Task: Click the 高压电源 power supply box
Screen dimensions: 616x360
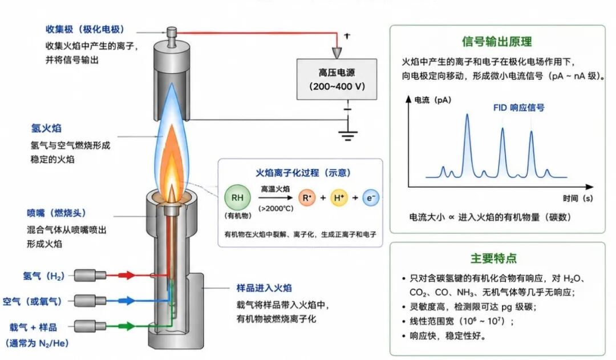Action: pyautogui.click(x=337, y=79)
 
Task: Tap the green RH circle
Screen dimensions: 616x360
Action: pyautogui.click(x=237, y=197)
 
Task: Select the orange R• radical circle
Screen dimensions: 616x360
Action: pyautogui.click(x=307, y=197)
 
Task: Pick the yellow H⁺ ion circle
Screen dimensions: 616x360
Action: pyautogui.click(x=339, y=197)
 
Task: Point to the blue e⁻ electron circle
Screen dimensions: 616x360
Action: pyautogui.click(x=371, y=197)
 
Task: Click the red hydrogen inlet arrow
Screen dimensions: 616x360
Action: pyautogui.click(x=126, y=275)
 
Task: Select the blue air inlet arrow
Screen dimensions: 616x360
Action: pyautogui.click(x=126, y=301)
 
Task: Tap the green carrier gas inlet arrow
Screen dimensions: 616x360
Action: pyautogui.click(x=126, y=326)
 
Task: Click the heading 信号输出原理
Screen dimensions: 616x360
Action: pyautogui.click(x=497, y=42)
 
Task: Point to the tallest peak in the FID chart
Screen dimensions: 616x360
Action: pyautogui.click(x=467, y=115)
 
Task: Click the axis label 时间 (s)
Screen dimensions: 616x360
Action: pyautogui.click(x=577, y=198)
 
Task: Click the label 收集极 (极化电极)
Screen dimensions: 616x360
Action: pyautogui.click(x=84, y=29)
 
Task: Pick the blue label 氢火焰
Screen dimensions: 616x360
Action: pyautogui.click(x=46, y=128)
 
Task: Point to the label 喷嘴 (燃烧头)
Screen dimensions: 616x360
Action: pyautogui.click(x=56, y=213)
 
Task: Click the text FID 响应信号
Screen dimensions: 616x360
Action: pyautogui.click(x=518, y=108)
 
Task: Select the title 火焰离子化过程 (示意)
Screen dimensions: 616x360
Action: pyautogui.click(x=303, y=172)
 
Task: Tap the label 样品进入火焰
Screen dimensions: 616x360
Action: pyautogui.click(x=264, y=288)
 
